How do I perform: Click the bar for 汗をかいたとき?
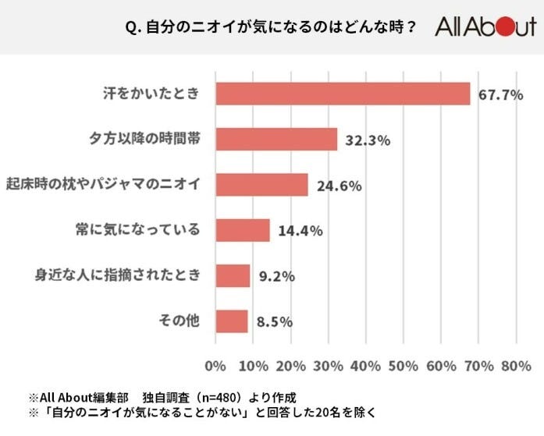coord(342,94)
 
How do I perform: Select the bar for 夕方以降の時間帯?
coord(276,140)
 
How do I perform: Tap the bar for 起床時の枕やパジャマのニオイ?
coord(261,185)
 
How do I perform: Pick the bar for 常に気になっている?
coord(242,230)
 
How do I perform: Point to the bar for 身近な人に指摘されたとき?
coord(232,275)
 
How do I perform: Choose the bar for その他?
coord(231,321)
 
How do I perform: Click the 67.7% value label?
coord(500,96)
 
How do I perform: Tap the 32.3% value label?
coord(367,141)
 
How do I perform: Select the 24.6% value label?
coord(338,186)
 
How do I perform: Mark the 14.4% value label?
coord(300,232)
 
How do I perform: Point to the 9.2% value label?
coord(276,277)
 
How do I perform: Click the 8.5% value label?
coord(272,322)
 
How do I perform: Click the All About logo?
coord(485,28)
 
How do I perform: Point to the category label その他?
coord(182,321)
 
